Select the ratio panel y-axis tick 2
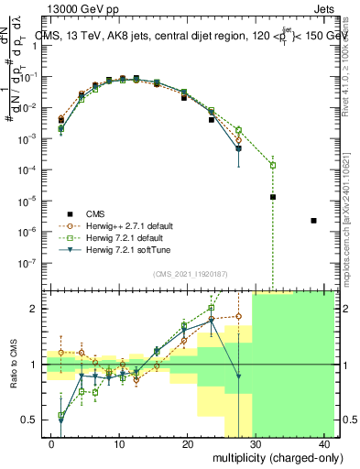pyautogui.click(x=34, y=309)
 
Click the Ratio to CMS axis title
pyautogui.click(x=12, y=365)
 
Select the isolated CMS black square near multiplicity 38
pyautogui.click(x=314, y=221)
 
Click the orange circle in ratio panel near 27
pyautogui.click(x=238, y=317)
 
